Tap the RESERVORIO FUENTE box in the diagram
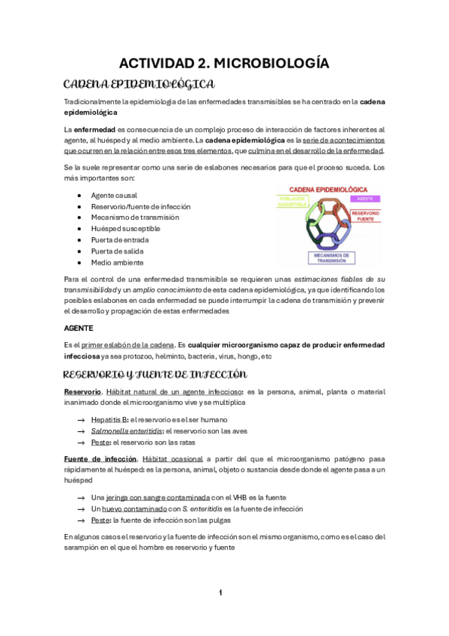tap(367, 216)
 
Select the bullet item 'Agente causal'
tap(114, 195)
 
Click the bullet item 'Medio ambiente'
tap(117, 262)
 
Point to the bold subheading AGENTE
tap(78, 328)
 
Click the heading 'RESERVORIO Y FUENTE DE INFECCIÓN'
tap(155, 373)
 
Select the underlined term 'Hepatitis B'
tap(109, 420)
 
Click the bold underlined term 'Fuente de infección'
tap(100, 457)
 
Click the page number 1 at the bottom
tap(220, 592)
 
